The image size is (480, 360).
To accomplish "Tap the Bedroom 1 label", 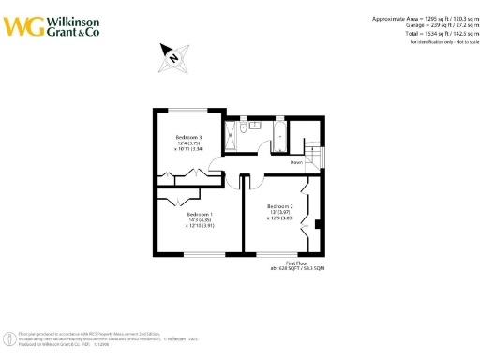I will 198,214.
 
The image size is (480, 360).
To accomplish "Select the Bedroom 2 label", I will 280,205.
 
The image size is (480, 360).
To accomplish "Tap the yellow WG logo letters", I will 23,25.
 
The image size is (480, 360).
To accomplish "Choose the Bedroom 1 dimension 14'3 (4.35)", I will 198,219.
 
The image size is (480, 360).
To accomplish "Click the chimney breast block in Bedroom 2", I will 320,223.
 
